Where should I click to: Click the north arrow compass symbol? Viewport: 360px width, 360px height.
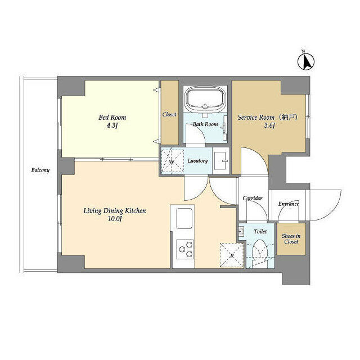[306, 60]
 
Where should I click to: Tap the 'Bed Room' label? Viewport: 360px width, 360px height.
[112, 118]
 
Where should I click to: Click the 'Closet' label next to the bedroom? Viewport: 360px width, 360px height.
[169, 115]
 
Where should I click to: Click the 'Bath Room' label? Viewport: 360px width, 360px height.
[205, 124]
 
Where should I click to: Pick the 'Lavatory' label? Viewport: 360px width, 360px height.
[197, 161]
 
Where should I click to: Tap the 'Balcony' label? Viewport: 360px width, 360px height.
[40, 170]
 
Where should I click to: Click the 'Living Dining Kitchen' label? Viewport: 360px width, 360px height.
[114, 211]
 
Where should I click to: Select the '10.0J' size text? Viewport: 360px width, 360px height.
[115, 219]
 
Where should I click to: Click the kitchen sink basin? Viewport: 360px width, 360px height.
[184, 218]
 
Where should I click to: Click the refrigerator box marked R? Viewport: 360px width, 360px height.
[231, 255]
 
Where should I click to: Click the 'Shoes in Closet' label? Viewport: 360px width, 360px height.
[291, 238]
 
